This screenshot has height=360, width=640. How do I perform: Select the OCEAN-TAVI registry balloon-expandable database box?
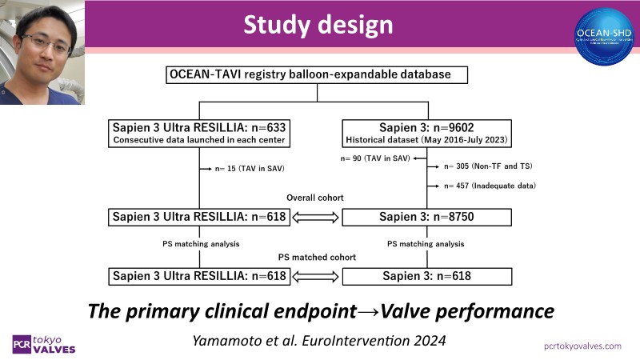pos(318,75)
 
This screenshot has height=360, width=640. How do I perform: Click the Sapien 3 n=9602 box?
pos(427,132)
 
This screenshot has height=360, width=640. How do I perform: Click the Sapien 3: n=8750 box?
pos(427,217)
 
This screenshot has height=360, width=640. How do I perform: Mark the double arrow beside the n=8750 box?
pos(318,217)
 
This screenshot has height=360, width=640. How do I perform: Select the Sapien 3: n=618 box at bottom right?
pos(427,277)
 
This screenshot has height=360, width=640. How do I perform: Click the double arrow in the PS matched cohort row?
pos(318,277)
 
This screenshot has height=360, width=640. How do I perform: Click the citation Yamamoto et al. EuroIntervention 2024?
pos(318,339)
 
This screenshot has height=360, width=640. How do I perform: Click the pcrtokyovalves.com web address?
pos(571,345)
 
